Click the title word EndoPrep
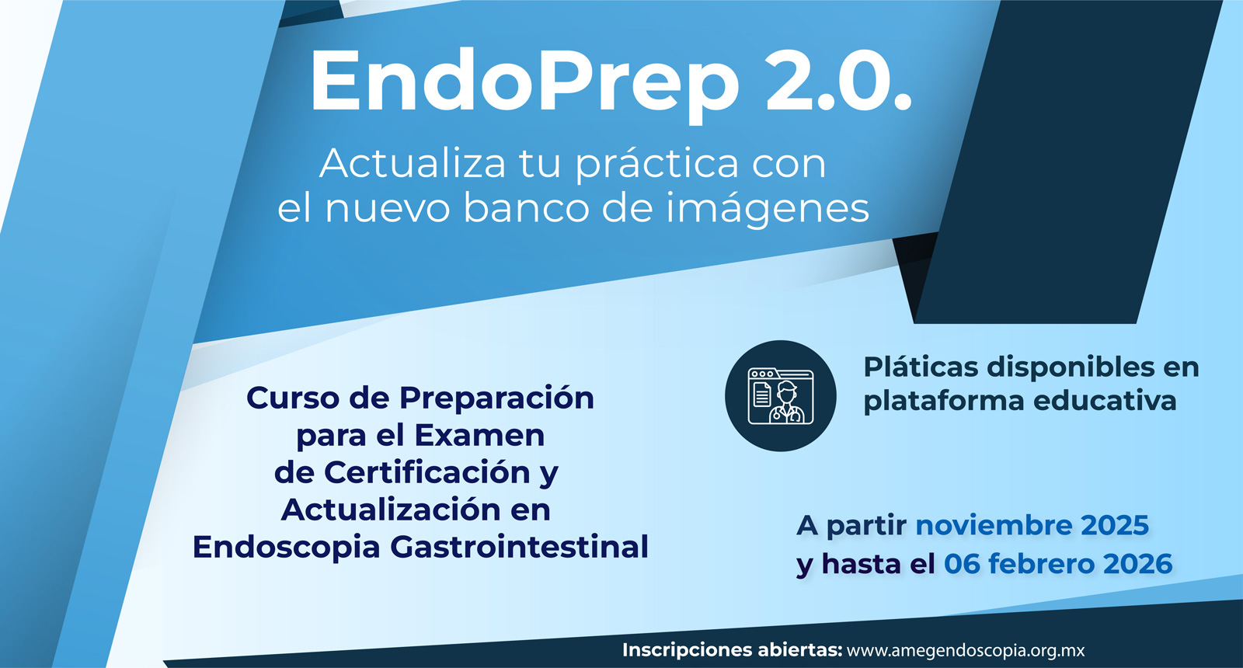pos(525,83)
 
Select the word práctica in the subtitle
pos(656,165)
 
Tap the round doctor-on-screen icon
pos(780,395)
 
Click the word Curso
pos(292,398)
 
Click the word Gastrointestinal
pos(520,547)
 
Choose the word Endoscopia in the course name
pos(287,548)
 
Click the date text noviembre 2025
pos(1032,525)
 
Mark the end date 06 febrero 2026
pos(1058,564)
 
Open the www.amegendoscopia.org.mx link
pos(966,650)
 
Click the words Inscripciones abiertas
pos(733,649)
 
